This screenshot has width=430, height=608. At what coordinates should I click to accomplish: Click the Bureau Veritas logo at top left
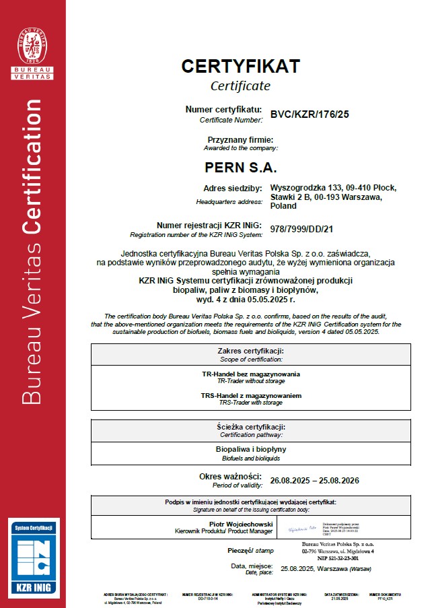34,48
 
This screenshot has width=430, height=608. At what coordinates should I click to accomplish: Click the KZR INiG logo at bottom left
34,556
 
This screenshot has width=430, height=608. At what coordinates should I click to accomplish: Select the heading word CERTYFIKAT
240,66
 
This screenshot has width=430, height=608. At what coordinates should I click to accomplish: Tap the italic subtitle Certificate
240,86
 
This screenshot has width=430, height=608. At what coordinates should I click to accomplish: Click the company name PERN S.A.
240,166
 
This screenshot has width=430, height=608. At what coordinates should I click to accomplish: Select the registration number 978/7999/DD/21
301,229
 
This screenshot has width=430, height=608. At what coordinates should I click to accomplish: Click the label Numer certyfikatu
223,109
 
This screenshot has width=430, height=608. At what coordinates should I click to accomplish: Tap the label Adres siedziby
232,188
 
